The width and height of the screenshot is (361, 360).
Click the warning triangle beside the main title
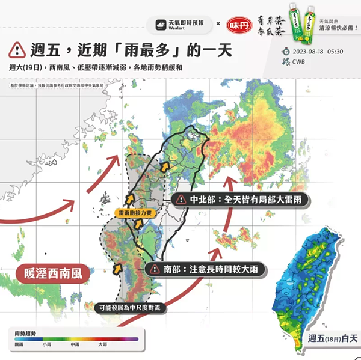click(17, 49)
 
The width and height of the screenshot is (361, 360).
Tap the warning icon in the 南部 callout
click(155, 269)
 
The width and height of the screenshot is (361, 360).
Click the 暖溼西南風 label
click(53, 272)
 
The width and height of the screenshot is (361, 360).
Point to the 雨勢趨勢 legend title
click(24, 332)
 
